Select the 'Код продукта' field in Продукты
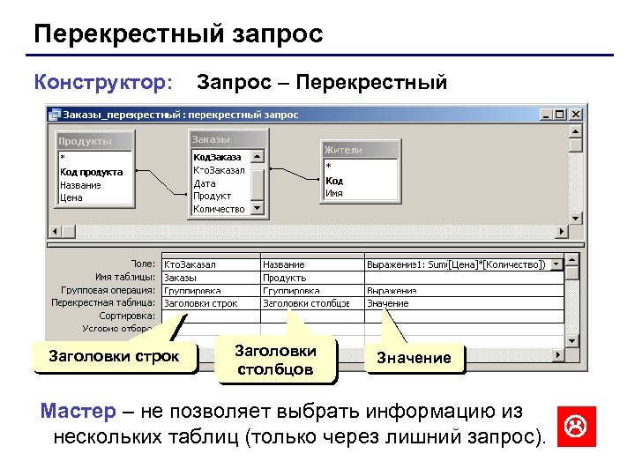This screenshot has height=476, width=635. tap(92, 172)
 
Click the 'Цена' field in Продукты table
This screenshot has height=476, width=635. tap(71, 197)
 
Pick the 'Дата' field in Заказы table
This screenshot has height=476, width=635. tap(204, 183)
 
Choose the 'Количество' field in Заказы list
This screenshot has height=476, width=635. tap(219, 209)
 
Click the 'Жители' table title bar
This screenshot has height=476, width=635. tap(358, 150)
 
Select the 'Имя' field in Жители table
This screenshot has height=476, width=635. tap(334, 192)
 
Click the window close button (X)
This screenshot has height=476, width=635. tap(575, 115)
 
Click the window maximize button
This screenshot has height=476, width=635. tap(560, 115)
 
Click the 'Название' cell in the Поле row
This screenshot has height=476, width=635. tap(310, 264)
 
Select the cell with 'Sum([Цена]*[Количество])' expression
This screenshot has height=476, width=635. tap(462, 264)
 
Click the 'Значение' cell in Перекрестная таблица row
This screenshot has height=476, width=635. tap(462, 302)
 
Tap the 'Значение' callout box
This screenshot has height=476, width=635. tap(414, 358)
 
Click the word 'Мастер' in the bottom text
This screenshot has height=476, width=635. tap(78, 412)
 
